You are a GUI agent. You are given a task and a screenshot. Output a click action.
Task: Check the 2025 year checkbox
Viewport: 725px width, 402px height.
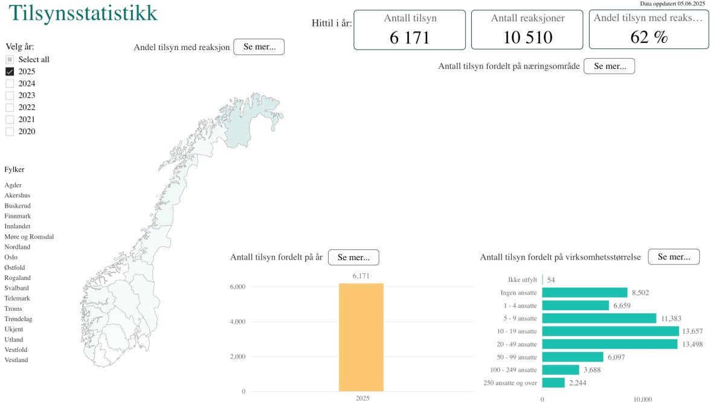click(x=10, y=71)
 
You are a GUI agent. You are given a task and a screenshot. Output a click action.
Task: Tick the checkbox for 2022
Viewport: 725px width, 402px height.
click(x=10, y=107)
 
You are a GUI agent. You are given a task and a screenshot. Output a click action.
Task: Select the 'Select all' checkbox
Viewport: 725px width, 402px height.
click(x=10, y=59)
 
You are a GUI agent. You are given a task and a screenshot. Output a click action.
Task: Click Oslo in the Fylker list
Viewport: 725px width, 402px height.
click(x=11, y=257)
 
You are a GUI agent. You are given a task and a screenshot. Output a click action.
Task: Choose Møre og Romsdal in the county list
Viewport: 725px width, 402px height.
click(x=29, y=237)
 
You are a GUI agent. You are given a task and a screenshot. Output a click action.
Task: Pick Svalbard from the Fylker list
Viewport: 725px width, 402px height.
click(x=17, y=288)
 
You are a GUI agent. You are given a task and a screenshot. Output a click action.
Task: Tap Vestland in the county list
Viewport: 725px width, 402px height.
click(x=16, y=360)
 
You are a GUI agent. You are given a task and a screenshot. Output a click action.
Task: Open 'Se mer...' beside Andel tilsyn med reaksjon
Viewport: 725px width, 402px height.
click(x=259, y=47)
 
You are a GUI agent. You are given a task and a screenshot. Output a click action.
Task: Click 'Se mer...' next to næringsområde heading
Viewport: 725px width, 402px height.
click(x=609, y=66)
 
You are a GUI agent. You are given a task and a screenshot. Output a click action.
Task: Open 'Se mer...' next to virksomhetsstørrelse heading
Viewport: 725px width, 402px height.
click(x=674, y=257)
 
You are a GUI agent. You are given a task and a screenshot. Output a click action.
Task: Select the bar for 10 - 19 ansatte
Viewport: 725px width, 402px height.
click(x=610, y=331)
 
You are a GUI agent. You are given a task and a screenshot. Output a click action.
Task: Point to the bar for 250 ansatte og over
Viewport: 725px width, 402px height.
click(x=553, y=383)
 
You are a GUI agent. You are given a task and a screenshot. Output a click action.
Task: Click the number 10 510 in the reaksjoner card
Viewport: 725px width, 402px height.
click(x=527, y=37)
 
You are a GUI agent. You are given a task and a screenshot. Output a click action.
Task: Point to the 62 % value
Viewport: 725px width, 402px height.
click(x=649, y=37)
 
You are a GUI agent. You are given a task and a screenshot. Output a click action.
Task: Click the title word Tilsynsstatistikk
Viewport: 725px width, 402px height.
click(x=83, y=13)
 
